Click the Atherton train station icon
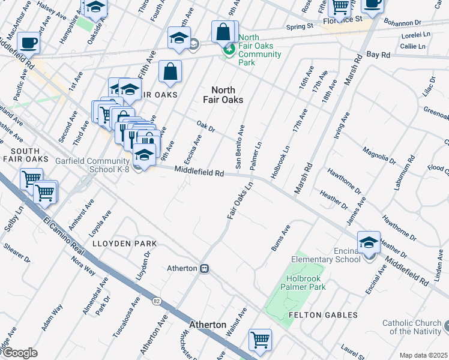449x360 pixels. coord(205,268)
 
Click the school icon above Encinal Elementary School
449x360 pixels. coord(369,242)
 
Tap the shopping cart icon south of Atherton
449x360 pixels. coord(260,340)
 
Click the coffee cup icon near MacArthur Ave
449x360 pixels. coord(29,43)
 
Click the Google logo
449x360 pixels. coord(19,353)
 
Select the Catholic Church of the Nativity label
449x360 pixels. coord(412,327)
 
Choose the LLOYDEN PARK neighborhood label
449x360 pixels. coord(124,244)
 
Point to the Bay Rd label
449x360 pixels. coord(378,55)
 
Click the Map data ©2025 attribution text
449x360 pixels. coord(423,355)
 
